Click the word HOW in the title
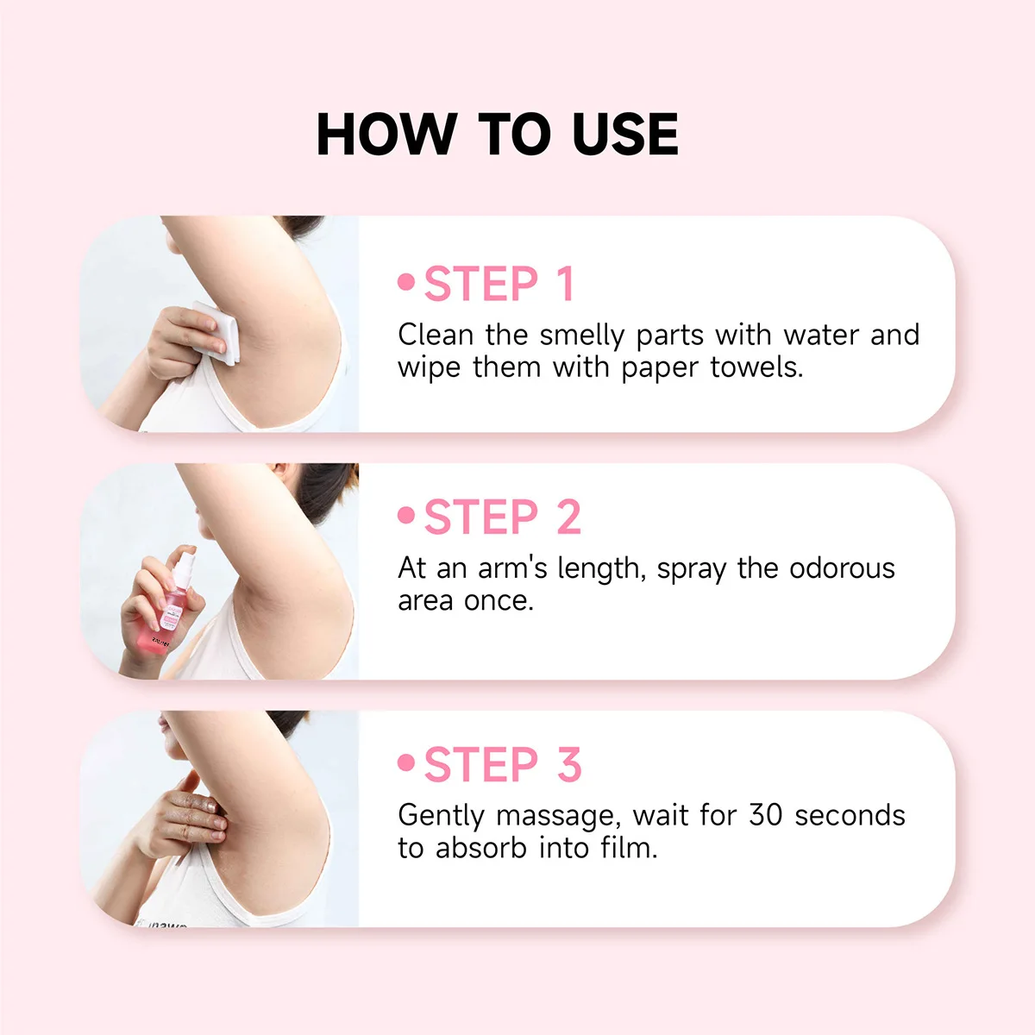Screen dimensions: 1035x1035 (386, 135)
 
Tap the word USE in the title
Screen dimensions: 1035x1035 (624, 135)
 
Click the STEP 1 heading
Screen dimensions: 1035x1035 (499, 285)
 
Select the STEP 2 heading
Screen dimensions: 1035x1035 (502, 517)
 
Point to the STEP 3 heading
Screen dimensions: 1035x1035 (502, 765)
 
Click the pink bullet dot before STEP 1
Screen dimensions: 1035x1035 (406, 282)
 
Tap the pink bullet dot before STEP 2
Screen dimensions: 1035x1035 (406, 515)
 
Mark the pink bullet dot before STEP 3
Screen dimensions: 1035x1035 (406, 762)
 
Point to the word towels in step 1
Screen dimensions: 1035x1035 (756, 367)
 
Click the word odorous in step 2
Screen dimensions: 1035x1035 (842, 568)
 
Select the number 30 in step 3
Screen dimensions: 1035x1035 (767, 815)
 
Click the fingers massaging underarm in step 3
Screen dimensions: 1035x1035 (203, 815)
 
